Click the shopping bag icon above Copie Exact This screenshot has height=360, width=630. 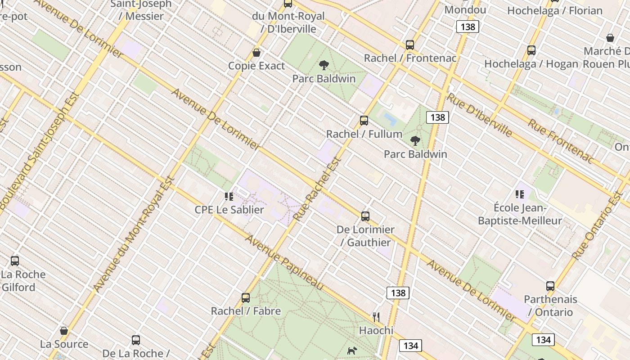(x=256, y=53)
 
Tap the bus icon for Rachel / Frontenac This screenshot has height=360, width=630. (x=409, y=45)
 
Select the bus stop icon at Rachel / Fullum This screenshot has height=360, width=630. (x=364, y=121)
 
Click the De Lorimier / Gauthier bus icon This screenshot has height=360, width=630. (x=365, y=216)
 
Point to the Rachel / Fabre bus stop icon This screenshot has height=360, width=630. (x=246, y=297)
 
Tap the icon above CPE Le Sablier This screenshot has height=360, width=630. (x=229, y=197)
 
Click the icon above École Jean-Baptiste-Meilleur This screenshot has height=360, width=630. (x=520, y=194)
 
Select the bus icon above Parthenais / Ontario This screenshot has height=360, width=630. (x=550, y=286)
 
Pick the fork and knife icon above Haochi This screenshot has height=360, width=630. (x=376, y=317)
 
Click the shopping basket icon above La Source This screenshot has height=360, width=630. (x=64, y=331)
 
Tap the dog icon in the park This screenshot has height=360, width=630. (x=352, y=350)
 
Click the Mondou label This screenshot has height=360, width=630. (x=465, y=10)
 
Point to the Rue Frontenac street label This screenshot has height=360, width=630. (x=561, y=140)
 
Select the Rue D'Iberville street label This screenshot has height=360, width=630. (x=480, y=115)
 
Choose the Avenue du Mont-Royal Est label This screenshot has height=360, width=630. (x=134, y=234)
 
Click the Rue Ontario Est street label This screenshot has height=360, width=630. (x=598, y=225)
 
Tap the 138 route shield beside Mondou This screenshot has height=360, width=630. (x=468, y=27)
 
